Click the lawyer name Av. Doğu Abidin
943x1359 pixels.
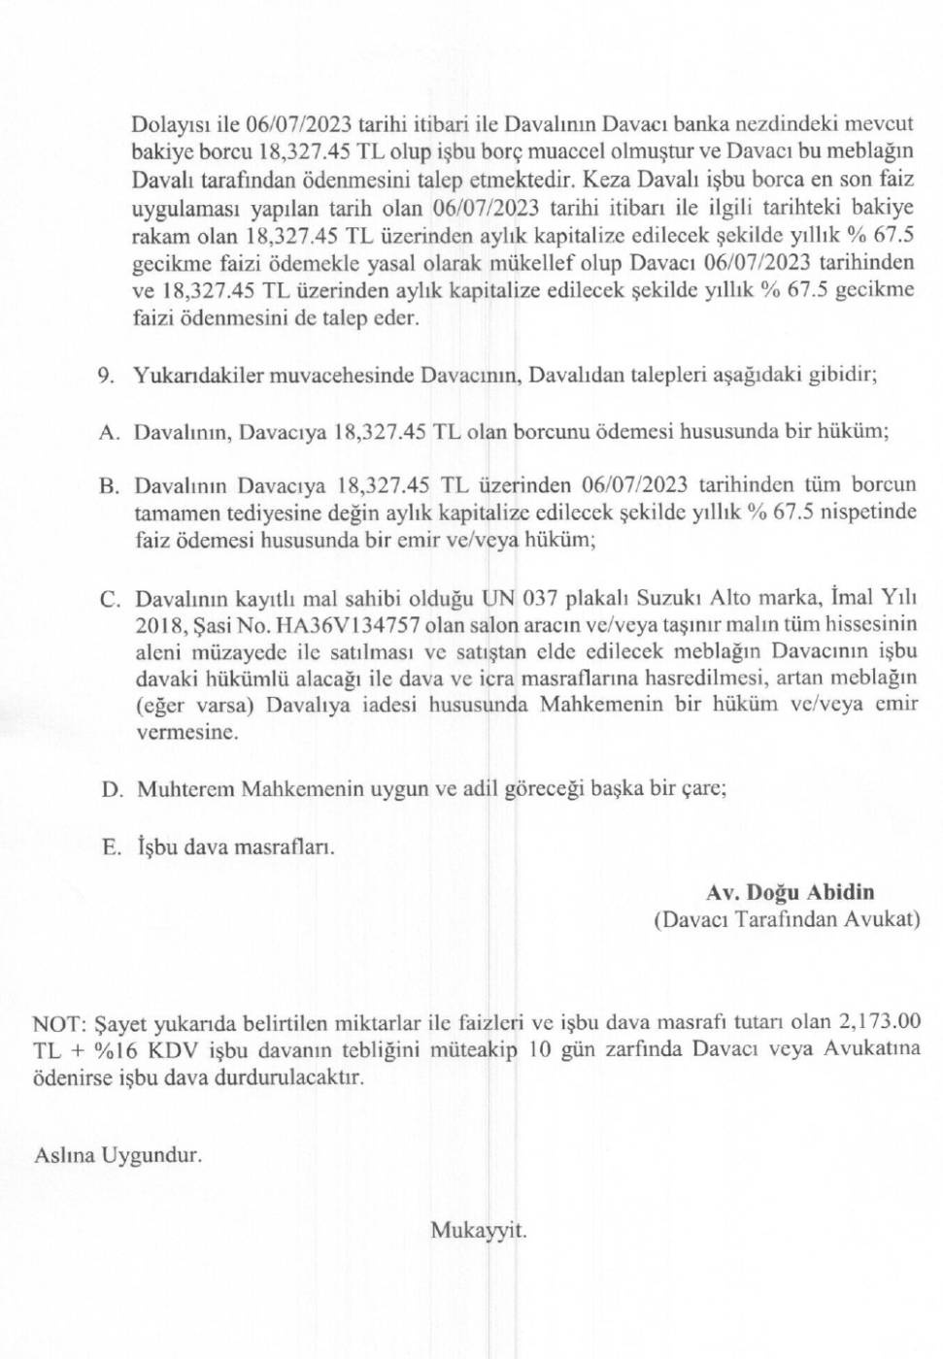pyautogui.click(x=790, y=892)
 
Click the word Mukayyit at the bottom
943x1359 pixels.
pyautogui.click(x=478, y=1231)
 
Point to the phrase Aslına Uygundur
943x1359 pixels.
pyautogui.click(x=118, y=1155)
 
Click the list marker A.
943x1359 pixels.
pyautogui.click(x=109, y=433)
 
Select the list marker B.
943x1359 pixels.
pyautogui.click(x=109, y=486)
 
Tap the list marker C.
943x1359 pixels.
pyautogui.click(x=110, y=599)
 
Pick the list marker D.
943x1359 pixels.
pyautogui.click(x=112, y=790)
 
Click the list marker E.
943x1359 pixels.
pyautogui.click(x=112, y=847)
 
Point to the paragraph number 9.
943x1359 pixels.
pyautogui.click(x=106, y=377)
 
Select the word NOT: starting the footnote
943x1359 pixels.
pyautogui.click(x=60, y=1023)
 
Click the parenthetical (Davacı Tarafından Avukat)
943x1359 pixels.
pyautogui.click(x=786, y=919)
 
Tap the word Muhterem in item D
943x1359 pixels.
pyautogui.click(x=185, y=789)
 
